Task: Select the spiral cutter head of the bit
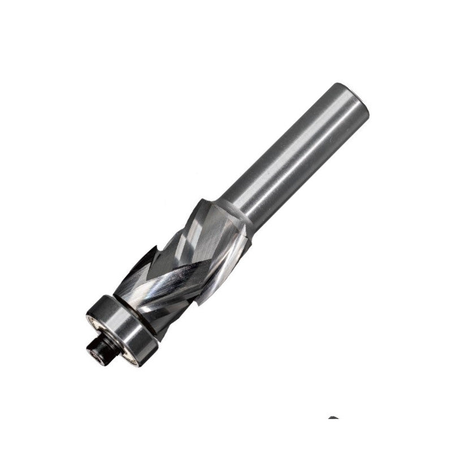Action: tap(181, 260)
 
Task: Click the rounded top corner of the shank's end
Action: tap(340, 88)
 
